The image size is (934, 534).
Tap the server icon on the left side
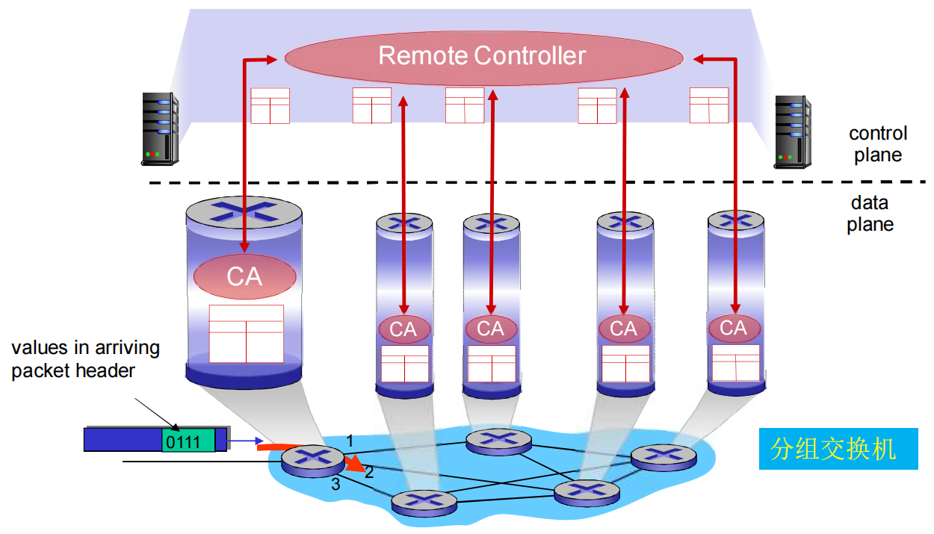(x=160, y=128)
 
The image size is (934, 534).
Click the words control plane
(x=878, y=144)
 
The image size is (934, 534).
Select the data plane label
(x=870, y=214)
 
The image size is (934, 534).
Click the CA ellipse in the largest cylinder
(x=245, y=276)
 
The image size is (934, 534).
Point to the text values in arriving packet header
(x=85, y=359)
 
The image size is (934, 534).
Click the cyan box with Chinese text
(x=838, y=449)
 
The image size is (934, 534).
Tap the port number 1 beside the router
(x=347, y=441)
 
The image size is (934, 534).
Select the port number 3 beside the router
(x=335, y=484)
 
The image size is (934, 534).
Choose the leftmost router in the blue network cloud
(x=306, y=460)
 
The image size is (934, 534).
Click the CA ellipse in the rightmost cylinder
(x=734, y=328)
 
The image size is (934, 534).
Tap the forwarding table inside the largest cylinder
(x=246, y=333)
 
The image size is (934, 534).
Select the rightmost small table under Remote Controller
(x=708, y=105)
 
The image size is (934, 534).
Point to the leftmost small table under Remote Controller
(x=270, y=105)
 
